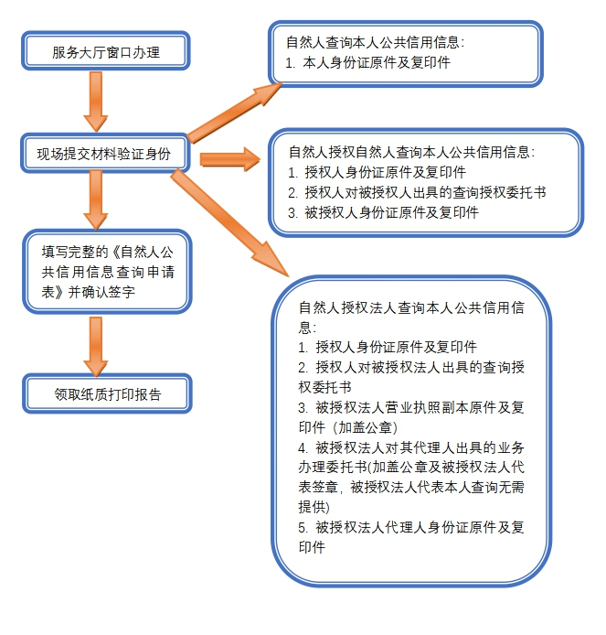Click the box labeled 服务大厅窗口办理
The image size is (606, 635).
[106, 51]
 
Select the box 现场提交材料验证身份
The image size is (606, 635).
[104, 153]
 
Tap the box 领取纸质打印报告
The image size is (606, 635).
[107, 393]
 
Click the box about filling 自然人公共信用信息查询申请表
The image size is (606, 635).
[107, 272]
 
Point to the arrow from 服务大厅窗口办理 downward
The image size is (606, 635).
[96, 102]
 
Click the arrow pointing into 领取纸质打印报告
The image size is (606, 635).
[96, 347]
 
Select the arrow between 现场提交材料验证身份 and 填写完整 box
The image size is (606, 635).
[96, 200]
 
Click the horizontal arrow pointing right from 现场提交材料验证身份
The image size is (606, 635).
[229, 159]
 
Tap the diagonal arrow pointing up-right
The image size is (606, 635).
[234, 113]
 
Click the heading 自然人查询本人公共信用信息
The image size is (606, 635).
[375, 42]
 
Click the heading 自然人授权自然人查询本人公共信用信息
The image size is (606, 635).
[411, 152]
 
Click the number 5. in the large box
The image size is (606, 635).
[303, 527]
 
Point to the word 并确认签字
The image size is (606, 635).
[101, 292]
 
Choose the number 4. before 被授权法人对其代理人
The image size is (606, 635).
[303, 447]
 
